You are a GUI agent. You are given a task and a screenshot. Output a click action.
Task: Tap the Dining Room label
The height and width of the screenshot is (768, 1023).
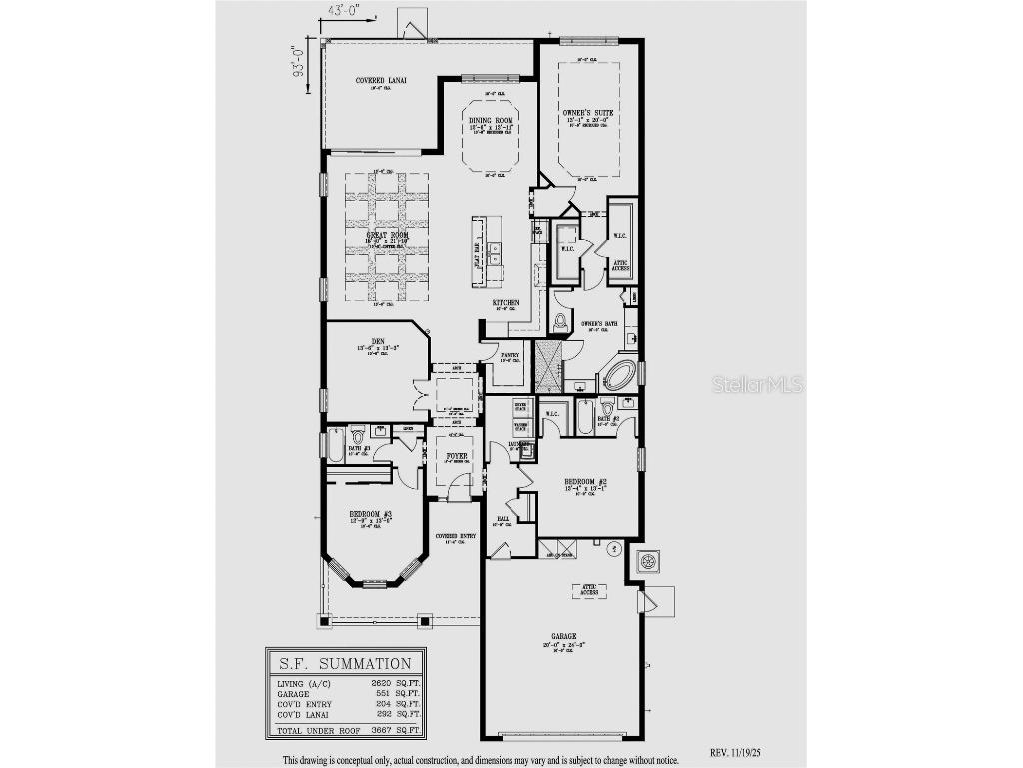tap(491, 120)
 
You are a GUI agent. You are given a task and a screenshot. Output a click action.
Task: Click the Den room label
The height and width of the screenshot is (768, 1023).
tap(378, 342)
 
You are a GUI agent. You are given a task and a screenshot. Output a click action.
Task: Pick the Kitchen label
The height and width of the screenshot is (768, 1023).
tap(506, 302)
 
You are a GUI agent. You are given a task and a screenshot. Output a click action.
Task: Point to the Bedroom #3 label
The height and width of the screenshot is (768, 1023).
tap(369, 513)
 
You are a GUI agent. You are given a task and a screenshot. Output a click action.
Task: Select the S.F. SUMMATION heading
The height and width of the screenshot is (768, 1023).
tap(345, 663)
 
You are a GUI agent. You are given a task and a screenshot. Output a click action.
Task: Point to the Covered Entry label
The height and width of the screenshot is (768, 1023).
tap(456, 536)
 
